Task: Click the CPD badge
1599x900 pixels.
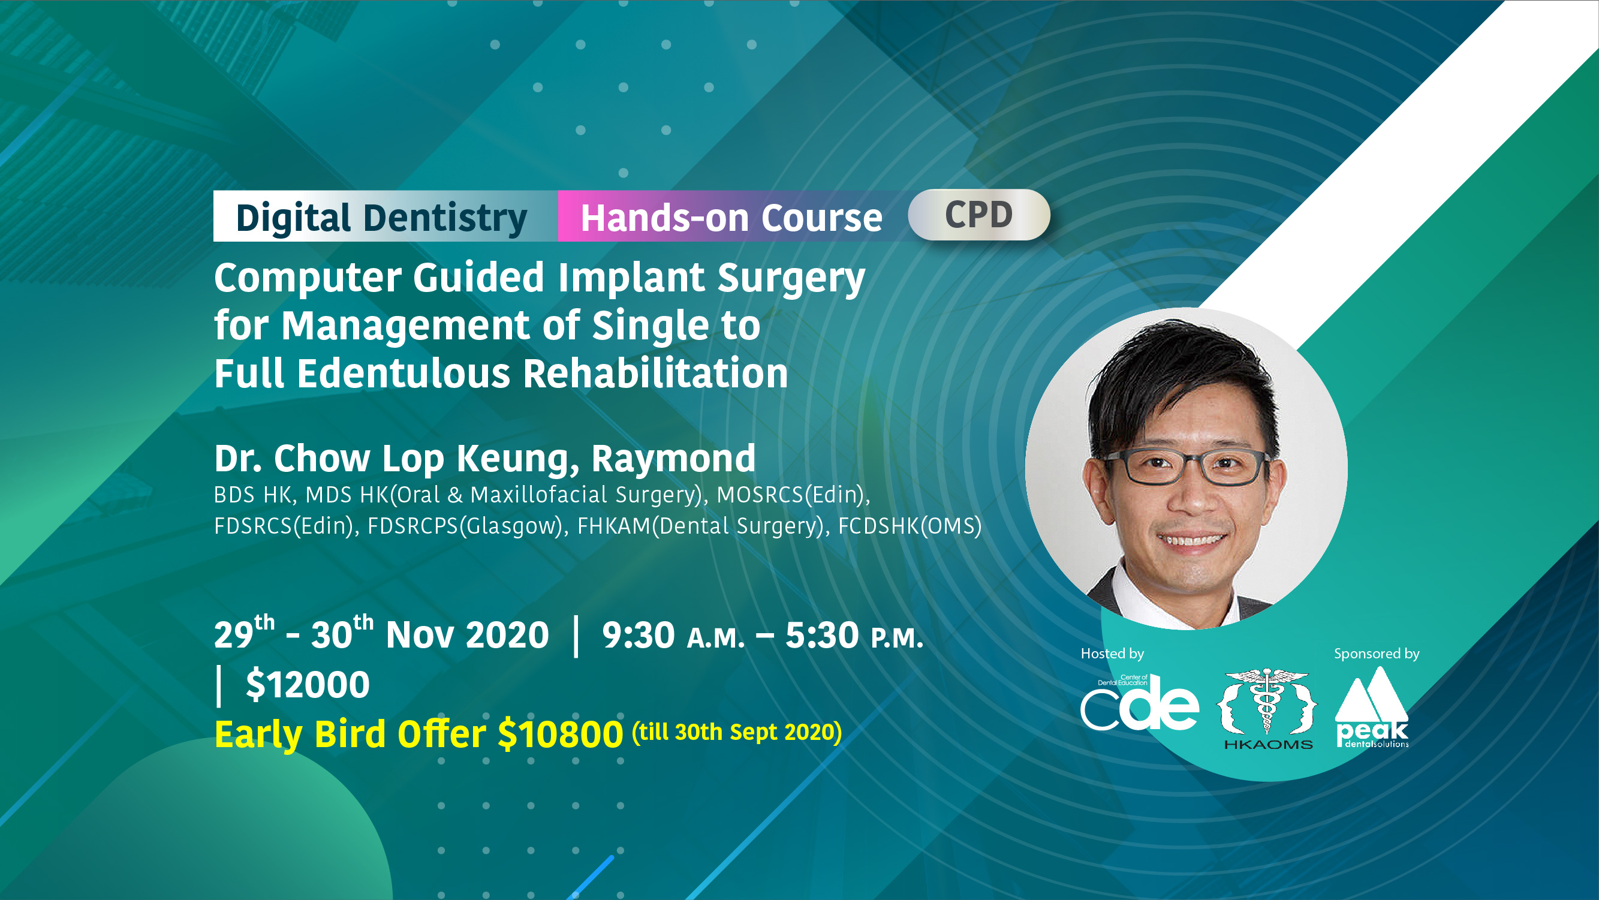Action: pos(979,215)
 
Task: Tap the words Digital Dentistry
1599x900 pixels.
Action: pos(381,218)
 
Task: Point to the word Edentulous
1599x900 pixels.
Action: pos(403,374)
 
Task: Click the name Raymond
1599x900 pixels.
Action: pos(673,459)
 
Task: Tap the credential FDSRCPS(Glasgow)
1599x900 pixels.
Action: pos(465,526)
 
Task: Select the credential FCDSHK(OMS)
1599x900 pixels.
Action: pos(910,526)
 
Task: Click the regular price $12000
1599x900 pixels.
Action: pos(308,685)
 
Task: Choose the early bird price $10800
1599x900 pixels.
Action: pos(560,735)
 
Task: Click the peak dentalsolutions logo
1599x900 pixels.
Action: pos(1372,708)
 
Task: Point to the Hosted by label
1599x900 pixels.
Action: pos(1112,654)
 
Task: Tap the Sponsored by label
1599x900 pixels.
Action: pos(1377,654)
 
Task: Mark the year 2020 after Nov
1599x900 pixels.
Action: pos(507,636)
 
